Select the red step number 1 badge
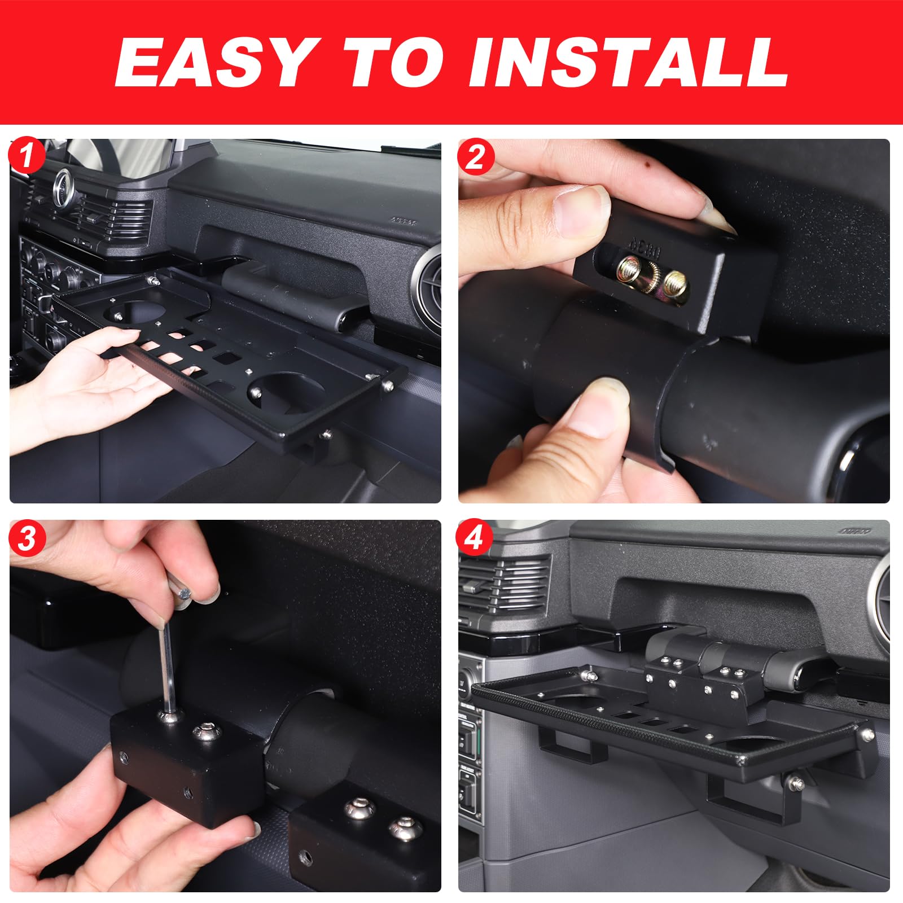coord(27,157)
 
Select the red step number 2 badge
coord(475,157)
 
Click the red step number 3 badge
coord(27,539)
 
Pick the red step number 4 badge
coord(475,539)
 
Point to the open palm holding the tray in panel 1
coord(96,389)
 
